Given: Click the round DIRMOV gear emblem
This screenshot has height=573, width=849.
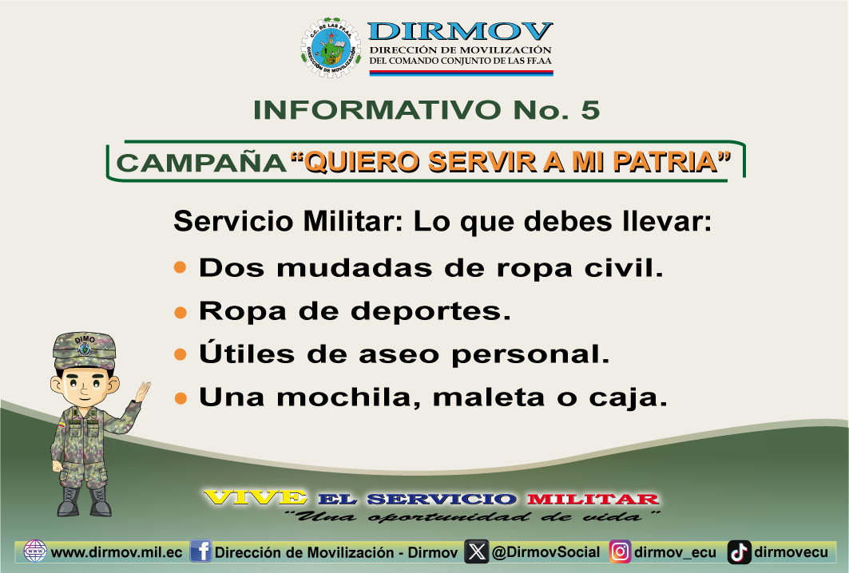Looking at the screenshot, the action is [331, 48].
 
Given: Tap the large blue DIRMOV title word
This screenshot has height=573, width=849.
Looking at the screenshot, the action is [460, 31].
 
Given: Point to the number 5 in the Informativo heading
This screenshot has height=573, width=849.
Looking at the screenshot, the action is [591, 110].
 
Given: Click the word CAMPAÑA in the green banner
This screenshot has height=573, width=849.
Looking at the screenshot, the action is [201, 163].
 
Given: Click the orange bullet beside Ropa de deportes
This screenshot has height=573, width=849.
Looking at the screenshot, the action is [181, 312].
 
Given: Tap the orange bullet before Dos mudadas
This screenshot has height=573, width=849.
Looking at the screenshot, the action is [181, 267].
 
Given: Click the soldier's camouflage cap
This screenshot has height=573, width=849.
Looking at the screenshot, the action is [84, 350].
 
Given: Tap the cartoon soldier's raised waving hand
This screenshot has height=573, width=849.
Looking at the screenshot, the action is [142, 392].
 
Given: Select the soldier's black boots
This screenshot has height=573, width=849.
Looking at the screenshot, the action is [85, 501].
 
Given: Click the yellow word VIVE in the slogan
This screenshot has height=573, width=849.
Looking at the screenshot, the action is [255, 497].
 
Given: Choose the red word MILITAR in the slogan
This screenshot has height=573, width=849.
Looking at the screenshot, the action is [593, 499].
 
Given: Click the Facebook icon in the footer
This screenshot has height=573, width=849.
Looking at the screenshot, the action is [201, 551].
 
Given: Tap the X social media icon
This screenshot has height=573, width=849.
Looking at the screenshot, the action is [477, 551].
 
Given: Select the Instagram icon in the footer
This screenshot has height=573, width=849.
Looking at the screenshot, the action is [620, 552].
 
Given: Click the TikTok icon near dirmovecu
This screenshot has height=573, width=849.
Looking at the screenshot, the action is [739, 552].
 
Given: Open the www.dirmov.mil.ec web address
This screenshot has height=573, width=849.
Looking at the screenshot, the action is [116, 552].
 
